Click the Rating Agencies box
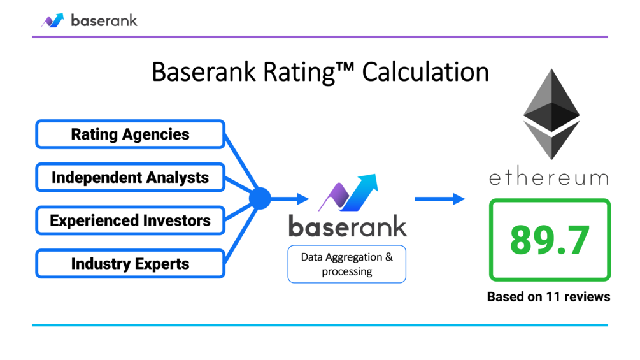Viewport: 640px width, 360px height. click(x=130, y=134)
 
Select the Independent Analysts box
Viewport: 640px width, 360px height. click(x=130, y=177)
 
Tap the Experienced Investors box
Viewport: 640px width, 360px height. click(x=130, y=220)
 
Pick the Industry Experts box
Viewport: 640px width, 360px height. click(x=130, y=264)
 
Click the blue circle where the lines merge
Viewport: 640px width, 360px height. click(x=260, y=199)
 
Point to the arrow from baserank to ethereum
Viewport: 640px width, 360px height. click(x=439, y=199)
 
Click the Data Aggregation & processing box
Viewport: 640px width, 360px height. click(x=346, y=264)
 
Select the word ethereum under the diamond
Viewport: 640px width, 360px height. click(x=548, y=176)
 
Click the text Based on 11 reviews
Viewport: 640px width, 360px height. click(x=548, y=297)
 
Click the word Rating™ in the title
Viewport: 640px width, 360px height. click(x=312, y=73)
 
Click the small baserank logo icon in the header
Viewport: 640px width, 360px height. click(x=53, y=20)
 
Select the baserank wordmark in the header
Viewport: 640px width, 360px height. click(x=104, y=20)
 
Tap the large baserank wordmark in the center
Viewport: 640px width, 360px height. click(x=347, y=227)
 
